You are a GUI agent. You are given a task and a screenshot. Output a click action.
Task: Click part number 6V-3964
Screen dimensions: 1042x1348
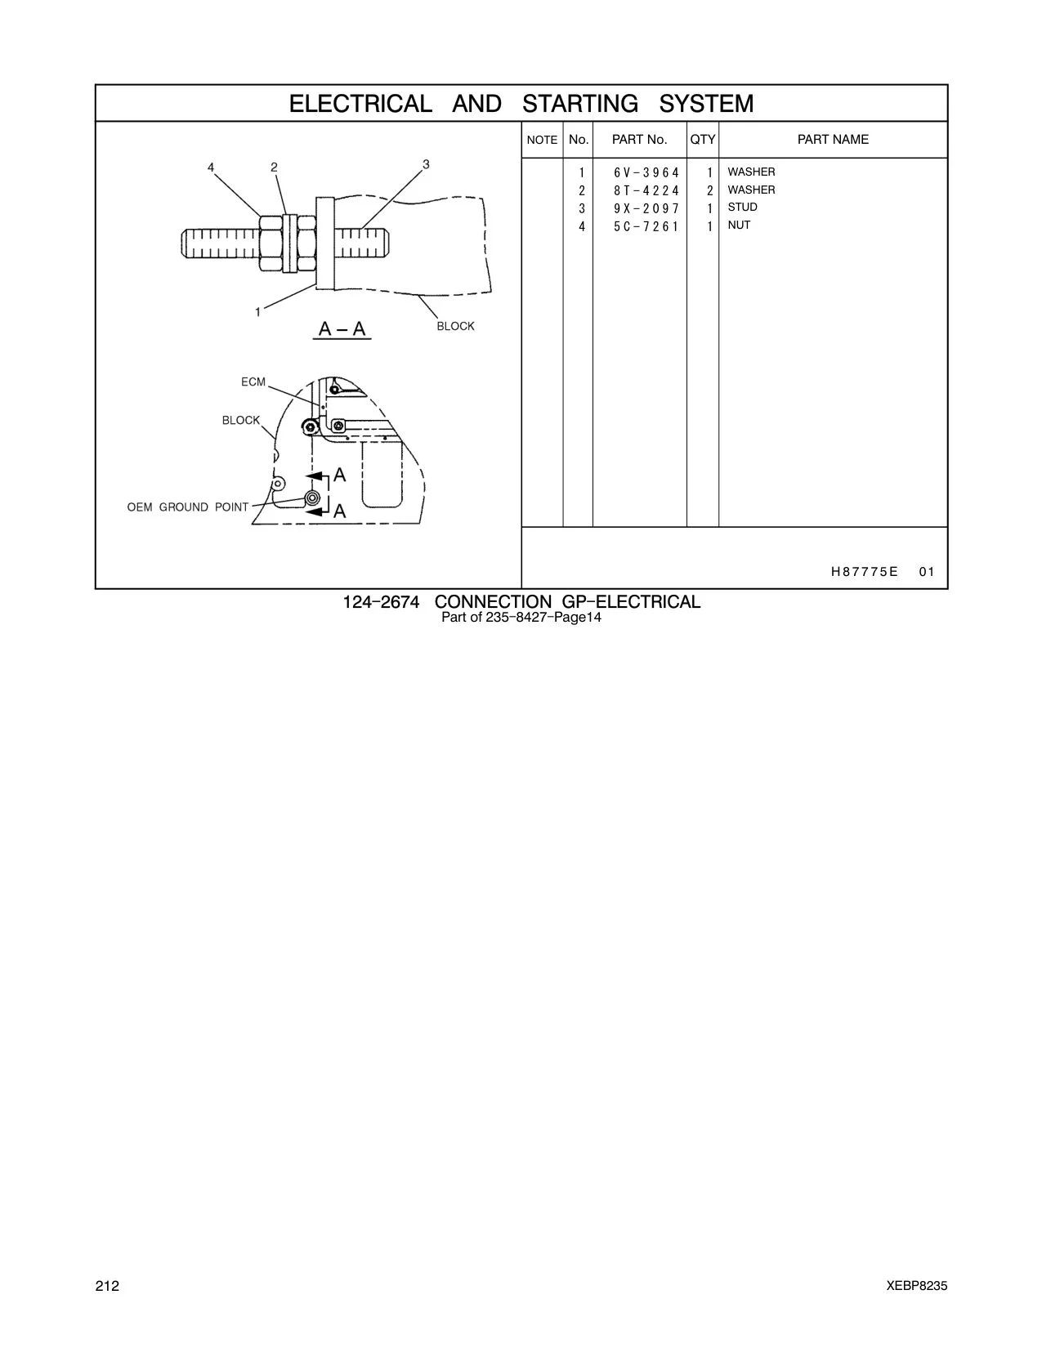coord(646,172)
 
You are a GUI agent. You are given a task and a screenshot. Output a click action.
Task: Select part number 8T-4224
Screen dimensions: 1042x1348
coord(646,190)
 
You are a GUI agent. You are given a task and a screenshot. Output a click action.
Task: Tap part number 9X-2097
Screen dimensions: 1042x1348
coord(646,208)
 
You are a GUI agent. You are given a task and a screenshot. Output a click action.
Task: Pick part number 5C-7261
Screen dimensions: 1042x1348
coord(646,226)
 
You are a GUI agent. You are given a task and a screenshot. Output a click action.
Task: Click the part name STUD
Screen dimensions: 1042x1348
coord(742,208)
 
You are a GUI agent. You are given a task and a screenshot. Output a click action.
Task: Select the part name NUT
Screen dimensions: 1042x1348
coord(739,225)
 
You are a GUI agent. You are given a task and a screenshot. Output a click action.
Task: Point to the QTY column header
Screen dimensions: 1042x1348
coord(703,140)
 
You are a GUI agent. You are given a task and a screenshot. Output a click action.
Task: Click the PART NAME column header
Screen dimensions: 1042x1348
coord(833,140)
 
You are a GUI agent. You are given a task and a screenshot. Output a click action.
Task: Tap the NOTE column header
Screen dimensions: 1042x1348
coord(542,141)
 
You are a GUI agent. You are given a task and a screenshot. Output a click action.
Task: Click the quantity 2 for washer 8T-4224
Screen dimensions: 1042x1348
coord(710,190)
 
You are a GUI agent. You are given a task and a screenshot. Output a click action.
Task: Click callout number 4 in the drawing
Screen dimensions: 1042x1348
coord(211,167)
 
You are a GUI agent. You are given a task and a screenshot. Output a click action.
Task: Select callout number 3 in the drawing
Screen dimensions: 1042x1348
coord(426,164)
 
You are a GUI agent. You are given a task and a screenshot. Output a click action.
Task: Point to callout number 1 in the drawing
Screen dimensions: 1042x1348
coord(258,312)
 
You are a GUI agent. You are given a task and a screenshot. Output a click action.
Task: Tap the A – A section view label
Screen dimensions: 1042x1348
coord(342,328)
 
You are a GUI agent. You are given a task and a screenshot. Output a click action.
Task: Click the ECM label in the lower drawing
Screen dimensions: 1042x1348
coord(253,382)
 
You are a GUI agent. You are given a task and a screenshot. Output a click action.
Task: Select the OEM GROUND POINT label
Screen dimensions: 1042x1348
coord(187,507)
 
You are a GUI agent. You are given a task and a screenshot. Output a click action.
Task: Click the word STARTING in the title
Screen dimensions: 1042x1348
coord(580,104)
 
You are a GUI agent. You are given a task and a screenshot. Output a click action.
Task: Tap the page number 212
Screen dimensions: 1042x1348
coord(107,1286)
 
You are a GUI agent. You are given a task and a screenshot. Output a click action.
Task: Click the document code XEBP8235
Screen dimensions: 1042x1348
coord(917,1286)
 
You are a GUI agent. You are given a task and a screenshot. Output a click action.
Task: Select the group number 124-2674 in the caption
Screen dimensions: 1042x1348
coord(381,602)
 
